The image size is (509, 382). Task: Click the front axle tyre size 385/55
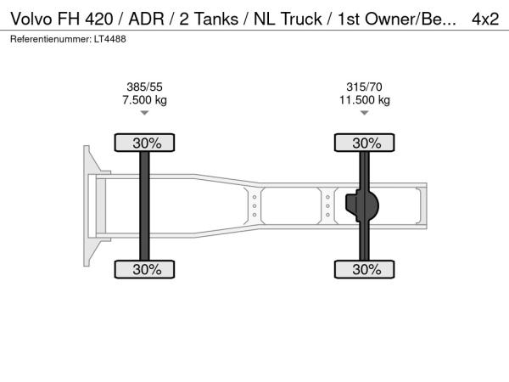point(144,87)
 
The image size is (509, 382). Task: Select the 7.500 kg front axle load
point(144,99)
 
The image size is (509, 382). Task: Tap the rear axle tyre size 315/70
point(364,87)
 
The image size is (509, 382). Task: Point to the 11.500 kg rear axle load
point(365,99)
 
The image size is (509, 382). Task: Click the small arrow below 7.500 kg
point(144,113)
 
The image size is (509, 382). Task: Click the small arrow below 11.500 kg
point(365,113)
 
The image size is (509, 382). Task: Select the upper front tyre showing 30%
point(144,143)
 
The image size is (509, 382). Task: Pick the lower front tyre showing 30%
point(144,269)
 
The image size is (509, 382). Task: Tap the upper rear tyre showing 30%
point(365,143)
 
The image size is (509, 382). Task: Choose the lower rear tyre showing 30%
point(365,269)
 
